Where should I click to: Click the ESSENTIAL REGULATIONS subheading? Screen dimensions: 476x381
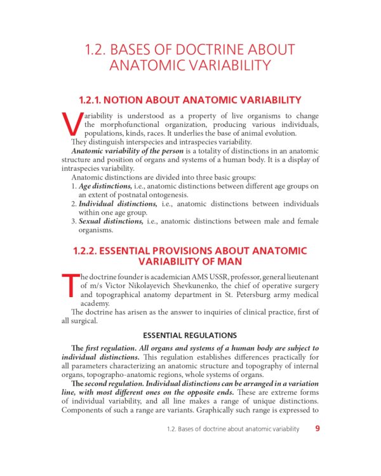pyautogui.click(x=190, y=335)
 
